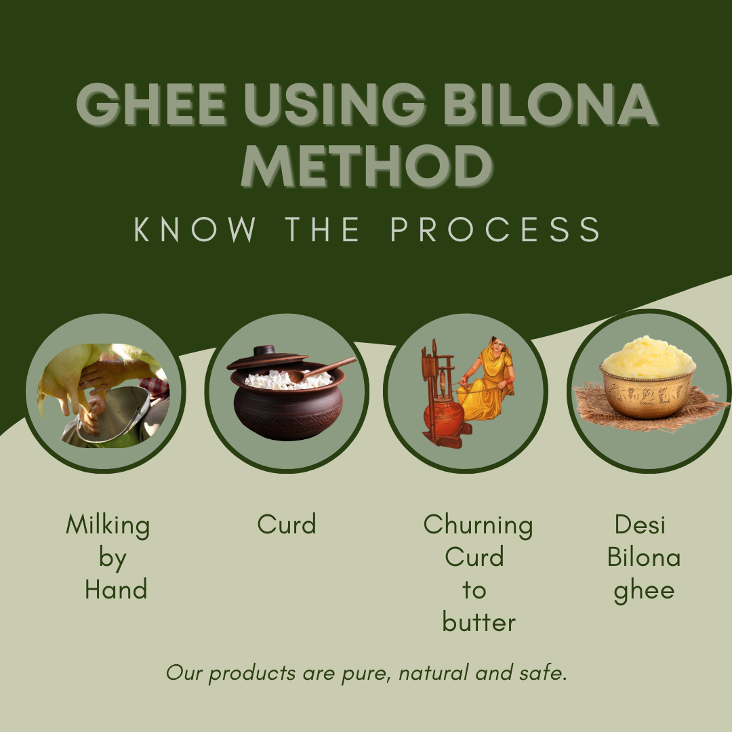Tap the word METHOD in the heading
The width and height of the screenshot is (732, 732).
click(x=367, y=165)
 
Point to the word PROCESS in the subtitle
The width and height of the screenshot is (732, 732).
click(x=495, y=230)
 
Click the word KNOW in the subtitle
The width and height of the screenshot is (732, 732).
click(x=196, y=230)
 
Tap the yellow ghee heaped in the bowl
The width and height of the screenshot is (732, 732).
click(x=647, y=356)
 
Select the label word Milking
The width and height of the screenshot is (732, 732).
click(x=108, y=525)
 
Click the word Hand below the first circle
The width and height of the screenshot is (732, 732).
click(x=116, y=590)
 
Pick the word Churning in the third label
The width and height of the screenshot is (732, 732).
click(x=478, y=525)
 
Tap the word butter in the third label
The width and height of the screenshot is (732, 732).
click(x=479, y=622)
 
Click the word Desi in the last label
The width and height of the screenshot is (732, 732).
click(x=640, y=525)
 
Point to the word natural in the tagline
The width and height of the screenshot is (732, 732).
click(x=434, y=673)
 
